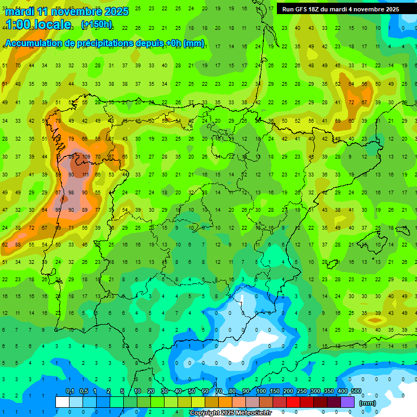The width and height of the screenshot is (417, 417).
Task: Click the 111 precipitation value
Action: point(85,174)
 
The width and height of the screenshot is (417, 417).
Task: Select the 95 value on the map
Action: point(58,210)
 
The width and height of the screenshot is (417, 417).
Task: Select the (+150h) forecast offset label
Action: point(97,24)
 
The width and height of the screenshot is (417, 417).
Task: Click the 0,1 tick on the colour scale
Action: point(69,391)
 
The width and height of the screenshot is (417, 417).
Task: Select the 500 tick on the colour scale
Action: point(356,391)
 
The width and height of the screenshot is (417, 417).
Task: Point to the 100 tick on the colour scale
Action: point(261,391)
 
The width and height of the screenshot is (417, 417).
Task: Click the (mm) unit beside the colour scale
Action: point(368,403)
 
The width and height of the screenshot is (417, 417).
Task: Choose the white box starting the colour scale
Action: point(62,402)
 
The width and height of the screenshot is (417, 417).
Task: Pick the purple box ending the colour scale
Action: point(348,402)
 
